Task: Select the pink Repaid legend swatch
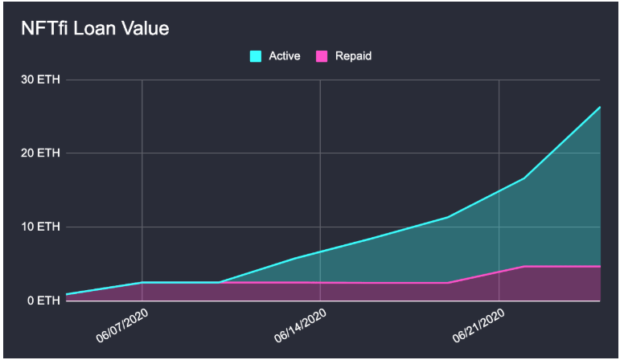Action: coord(322,56)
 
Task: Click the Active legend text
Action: coord(285,56)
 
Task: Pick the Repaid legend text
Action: coord(354,56)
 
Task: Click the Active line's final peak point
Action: coord(600,107)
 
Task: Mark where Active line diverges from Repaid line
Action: coord(219,282)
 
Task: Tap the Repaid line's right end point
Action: coord(600,266)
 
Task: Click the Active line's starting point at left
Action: coord(67,294)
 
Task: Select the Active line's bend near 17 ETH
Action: coord(524,178)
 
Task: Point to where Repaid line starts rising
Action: coord(447,283)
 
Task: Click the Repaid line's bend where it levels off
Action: coord(524,266)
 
